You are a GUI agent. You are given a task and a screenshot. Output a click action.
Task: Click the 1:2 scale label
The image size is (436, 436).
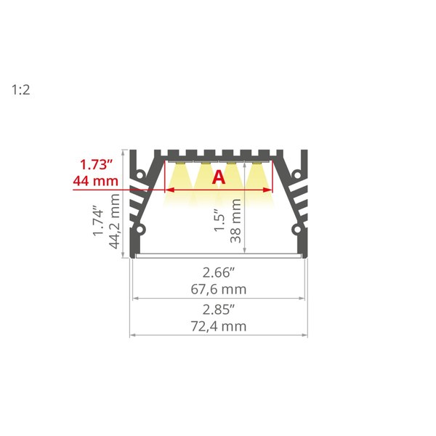20,90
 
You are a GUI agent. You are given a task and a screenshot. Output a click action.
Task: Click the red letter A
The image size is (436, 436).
219,177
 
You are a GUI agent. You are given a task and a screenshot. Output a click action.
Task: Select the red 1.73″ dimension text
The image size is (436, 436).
96,164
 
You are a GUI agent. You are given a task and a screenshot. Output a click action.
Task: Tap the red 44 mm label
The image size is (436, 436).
96,181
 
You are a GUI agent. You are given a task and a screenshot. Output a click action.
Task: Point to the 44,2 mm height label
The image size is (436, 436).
114,221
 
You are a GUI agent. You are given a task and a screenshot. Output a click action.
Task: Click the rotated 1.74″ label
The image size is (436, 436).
98,221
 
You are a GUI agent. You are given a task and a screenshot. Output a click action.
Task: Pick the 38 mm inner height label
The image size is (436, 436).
235,220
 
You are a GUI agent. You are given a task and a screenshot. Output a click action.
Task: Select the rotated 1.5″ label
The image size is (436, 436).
219,220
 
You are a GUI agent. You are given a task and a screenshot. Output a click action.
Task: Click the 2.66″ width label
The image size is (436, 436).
219,272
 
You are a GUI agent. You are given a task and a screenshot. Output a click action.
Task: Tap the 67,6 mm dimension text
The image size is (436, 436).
219,289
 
